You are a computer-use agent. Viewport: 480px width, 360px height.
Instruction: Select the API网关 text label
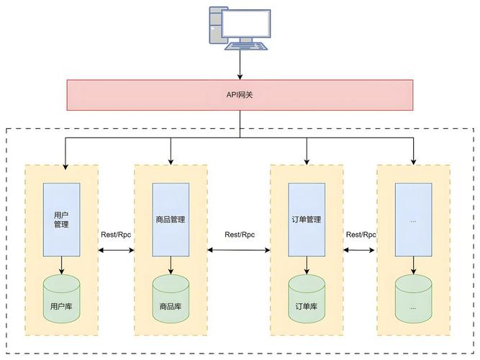click(x=240, y=94)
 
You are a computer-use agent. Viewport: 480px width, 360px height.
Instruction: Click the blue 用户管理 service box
click(x=61, y=219)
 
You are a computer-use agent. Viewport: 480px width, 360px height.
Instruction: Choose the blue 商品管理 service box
click(x=171, y=219)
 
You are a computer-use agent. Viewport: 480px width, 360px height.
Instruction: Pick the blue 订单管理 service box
click(x=306, y=219)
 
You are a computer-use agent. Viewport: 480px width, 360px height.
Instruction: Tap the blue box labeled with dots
click(x=413, y=219)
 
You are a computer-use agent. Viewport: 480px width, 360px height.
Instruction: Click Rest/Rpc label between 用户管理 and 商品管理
click(x=116, y=235)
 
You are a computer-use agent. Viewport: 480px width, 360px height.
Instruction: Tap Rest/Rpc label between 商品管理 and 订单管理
click(x=240, y=235)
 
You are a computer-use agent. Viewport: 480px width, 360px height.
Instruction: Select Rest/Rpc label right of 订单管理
click(x=361, y=235)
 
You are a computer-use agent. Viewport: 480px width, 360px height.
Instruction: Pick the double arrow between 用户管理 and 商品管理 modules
click(x=116, y=250)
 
